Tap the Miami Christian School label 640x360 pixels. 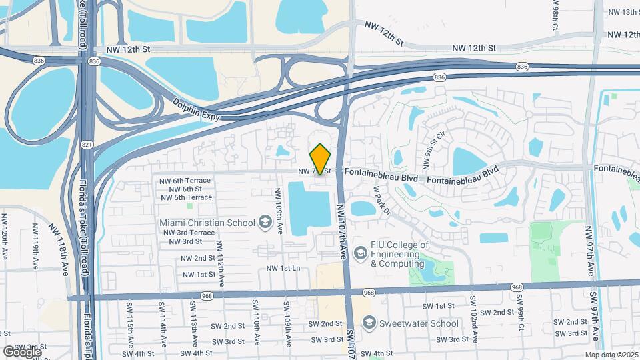tap(207, 222)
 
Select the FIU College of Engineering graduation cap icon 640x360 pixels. tap(361, 253)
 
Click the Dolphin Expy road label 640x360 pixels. tap(195, 110)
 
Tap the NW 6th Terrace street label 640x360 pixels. tap(185, 180)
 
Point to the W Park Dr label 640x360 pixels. tap(381, 199)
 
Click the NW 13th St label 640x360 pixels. tap(623, 12)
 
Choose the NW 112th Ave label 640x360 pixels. tap(221, 263)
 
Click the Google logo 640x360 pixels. tap(22, 351)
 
